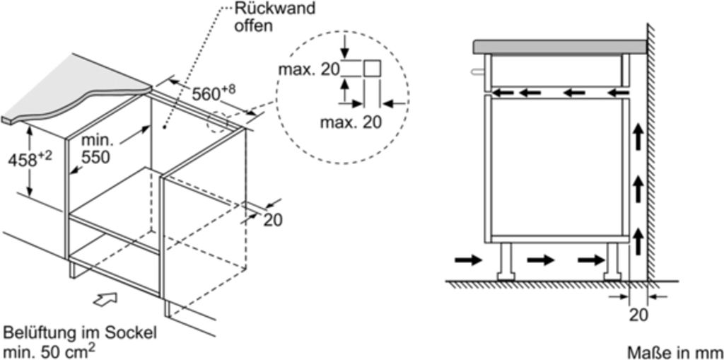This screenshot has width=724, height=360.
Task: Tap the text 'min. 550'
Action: coord(95,149)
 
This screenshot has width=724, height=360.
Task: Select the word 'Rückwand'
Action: coord(264,10)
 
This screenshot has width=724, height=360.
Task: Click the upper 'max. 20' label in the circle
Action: coord(308,69)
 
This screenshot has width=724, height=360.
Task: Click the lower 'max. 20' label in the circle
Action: coord(350,122)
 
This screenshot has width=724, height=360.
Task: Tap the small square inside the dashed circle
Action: coord(373,69)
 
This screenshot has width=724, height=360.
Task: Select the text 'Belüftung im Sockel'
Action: coord(80,333)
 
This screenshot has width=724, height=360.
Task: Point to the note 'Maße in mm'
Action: coord(675,352)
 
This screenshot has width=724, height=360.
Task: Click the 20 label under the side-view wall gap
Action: coord(638,315)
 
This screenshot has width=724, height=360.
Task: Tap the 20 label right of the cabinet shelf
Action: coord(272,220)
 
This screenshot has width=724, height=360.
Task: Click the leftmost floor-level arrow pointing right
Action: coord(467,260)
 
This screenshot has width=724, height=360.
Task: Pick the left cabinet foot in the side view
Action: coord(506,261)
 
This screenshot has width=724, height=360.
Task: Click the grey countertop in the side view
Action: coord(559,47)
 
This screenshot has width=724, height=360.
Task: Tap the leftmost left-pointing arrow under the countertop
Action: coord(504,92)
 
